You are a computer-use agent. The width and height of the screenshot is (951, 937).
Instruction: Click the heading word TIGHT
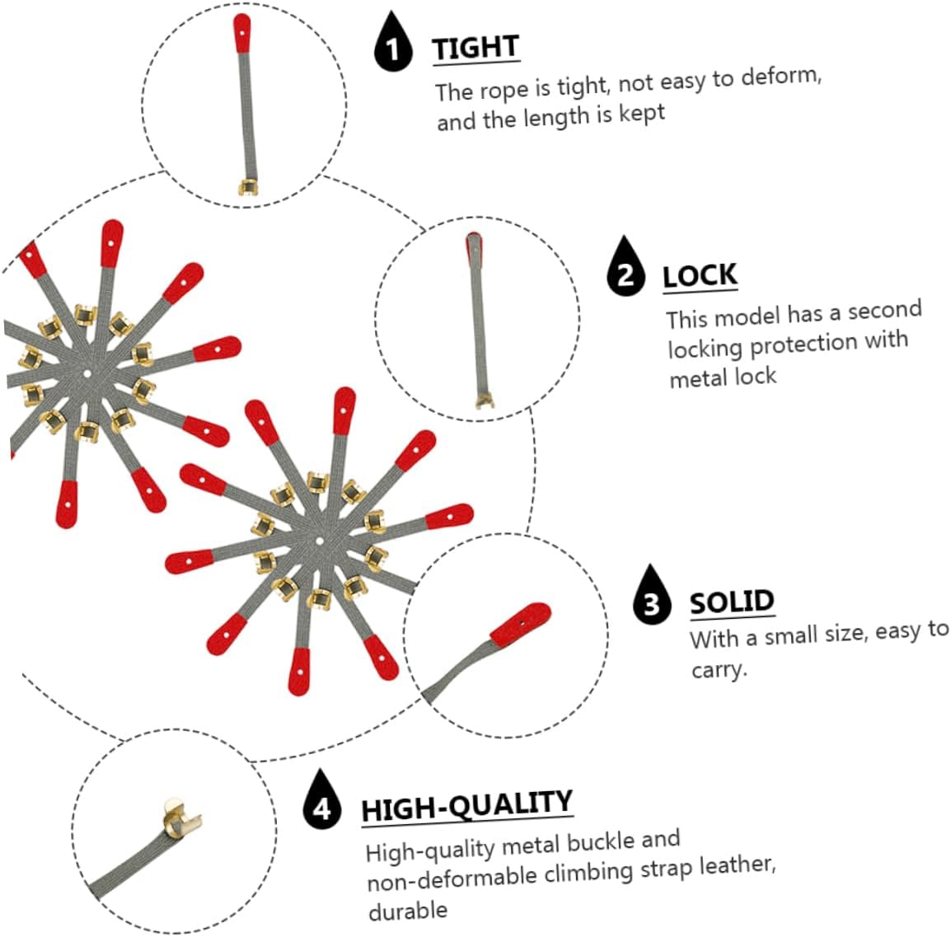point(475,48)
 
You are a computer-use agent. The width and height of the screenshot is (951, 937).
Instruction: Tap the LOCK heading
point(700,276)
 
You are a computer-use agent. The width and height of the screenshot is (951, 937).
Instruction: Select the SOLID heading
point(732,602)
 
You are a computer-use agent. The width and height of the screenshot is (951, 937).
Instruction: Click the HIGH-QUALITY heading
point(466,806)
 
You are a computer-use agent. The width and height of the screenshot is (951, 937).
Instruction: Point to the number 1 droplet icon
point(393,43)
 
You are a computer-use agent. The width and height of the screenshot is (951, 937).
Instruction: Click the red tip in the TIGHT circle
point(242,33)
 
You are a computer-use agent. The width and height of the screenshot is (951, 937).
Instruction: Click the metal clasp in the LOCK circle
point(484,401)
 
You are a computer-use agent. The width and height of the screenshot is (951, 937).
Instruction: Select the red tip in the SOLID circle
point(520,624)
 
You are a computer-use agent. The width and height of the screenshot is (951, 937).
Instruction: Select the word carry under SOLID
point(719,669)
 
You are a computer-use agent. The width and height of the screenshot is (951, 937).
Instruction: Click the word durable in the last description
point(408,910)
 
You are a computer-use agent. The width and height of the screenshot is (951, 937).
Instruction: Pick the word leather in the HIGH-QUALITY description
point(738,865)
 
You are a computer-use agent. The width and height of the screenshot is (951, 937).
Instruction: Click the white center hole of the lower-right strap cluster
point(319,541)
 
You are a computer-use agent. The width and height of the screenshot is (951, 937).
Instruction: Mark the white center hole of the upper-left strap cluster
point(87,373)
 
